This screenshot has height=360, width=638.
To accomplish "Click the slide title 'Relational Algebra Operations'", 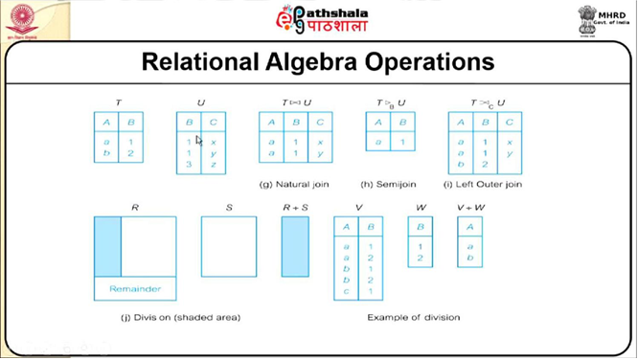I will point(318,62).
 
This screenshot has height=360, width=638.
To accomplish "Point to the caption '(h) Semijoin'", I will point(390,184).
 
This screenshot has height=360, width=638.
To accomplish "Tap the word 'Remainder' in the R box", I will point(135,288).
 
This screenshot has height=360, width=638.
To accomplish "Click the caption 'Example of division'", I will point(414,317).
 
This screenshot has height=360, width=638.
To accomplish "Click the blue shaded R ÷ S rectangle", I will point(295,247).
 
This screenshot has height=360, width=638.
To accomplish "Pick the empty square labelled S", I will point(229,247).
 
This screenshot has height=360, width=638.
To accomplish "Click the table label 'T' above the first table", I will point(118,102).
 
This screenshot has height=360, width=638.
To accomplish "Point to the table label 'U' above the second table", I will point(201,102).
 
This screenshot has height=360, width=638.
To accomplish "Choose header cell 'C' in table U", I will point(214,123).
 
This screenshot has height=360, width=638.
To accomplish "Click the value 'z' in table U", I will point(214,165).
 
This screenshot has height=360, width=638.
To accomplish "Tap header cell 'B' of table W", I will point(420,227).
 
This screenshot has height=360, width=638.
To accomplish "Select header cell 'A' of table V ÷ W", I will point(469,227).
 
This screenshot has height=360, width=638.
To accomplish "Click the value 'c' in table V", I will point(346,291).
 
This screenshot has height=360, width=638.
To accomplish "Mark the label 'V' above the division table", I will point(357,206).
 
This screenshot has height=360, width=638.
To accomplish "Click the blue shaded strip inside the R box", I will point(107,247).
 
